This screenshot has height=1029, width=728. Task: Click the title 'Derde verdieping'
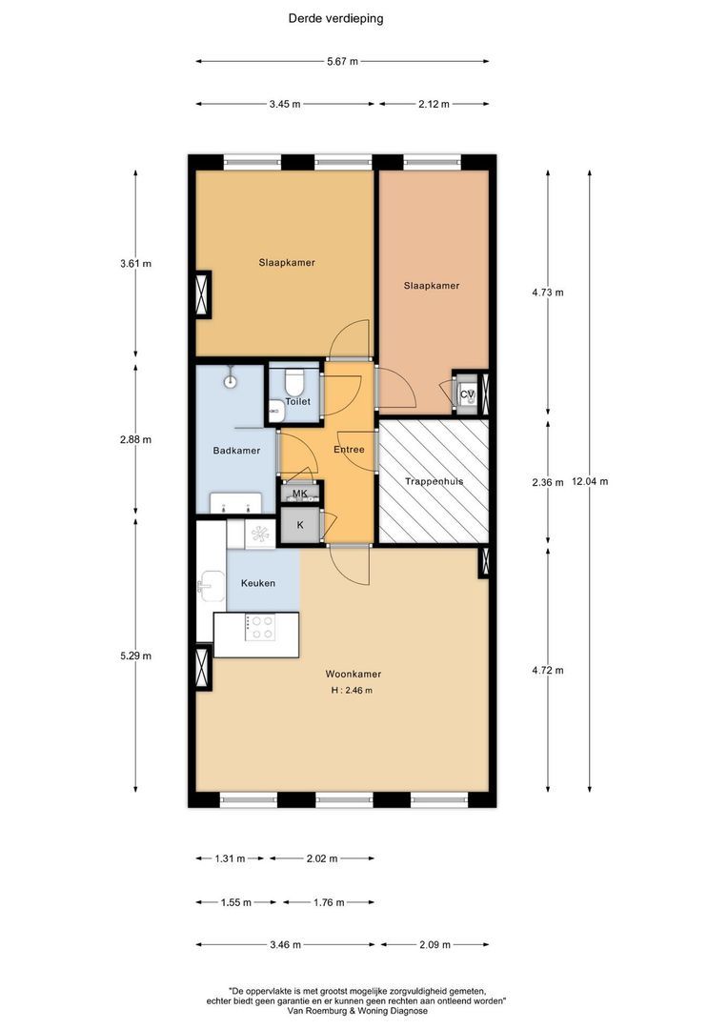(335, 18)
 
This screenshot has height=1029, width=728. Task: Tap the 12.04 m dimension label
(590, 481)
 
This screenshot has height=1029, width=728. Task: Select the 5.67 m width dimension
(343, 62)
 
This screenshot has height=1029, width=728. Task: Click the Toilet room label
(297, 401)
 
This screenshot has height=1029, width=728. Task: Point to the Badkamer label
(236, 450)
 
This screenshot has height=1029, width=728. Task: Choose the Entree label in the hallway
(349, 450)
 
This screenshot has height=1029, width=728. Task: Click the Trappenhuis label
(434, 481)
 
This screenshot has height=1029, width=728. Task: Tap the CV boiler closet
(468, 393)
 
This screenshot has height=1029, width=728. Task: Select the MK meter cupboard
(300, 493)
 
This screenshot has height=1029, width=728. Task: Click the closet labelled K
(300, 525)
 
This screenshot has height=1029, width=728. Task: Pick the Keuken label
(258, 583)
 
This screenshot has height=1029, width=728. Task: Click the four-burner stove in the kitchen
(260, 627)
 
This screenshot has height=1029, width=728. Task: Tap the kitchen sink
(212, 586)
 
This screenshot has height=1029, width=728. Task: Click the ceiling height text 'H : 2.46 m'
(352, 691)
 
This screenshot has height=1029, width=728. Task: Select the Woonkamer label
(354, 674)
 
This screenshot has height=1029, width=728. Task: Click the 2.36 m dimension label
(548, 482)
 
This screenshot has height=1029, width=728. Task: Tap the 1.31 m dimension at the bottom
(230, 858)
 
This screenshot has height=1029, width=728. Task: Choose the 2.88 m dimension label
(135, 439)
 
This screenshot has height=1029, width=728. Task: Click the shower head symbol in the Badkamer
(231, 376)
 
